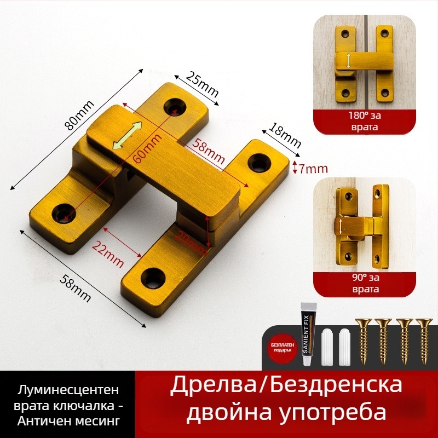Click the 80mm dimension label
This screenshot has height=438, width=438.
(79, 116)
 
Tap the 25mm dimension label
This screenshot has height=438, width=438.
(202, 84)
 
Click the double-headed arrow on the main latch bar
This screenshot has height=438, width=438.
(126, 136)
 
